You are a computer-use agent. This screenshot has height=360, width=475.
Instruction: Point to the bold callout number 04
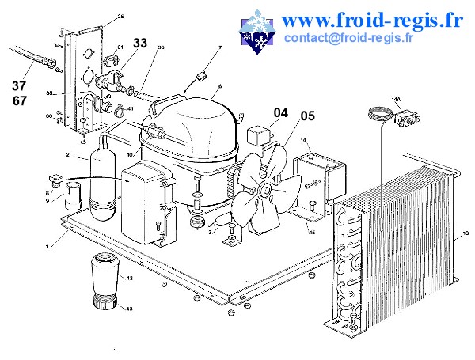[281, 112]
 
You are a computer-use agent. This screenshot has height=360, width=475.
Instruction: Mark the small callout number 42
[130, 279]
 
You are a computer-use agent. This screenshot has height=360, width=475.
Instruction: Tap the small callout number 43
[130, 309]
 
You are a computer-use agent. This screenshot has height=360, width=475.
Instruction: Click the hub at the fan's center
[263, 190]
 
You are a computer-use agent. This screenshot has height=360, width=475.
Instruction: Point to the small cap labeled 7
[201, 76]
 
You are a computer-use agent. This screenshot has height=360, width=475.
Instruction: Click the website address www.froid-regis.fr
[371, 18]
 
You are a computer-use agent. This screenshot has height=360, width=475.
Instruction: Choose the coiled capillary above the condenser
[378, 117]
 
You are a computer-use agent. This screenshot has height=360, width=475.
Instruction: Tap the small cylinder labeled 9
[73, 195]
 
